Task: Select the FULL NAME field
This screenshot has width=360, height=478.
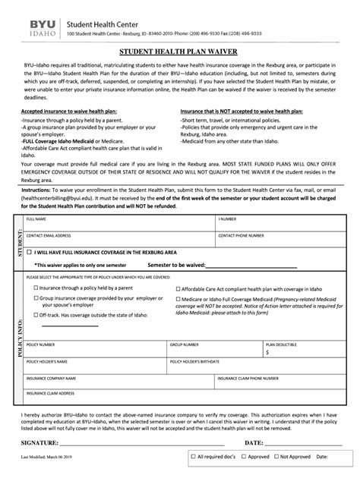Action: pyautogui.click(x=118, y=223)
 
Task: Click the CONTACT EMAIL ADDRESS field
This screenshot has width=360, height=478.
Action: pyautogui.click(x=118, y=241)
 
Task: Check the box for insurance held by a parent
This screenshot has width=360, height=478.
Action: pyautogui.click(x=34, y=288)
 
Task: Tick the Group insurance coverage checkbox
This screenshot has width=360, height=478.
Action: pyautogui.click(x=34, y=299)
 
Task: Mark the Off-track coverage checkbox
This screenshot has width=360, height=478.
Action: pyautogui.click(x=34, y=315)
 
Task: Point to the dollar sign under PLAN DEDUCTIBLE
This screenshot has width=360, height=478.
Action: pyautogui.click(x=267, y=352)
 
